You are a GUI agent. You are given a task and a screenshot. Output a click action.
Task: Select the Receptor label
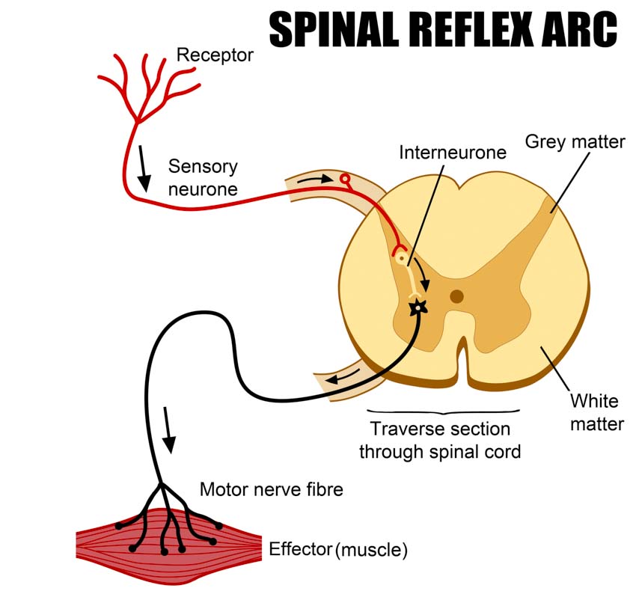tap(215, 55)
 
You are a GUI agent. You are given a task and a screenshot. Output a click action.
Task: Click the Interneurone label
tap(453, 153)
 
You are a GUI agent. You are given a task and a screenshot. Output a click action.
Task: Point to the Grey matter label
tap(575, 141)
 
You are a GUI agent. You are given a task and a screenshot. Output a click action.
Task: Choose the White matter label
tap(596, 412)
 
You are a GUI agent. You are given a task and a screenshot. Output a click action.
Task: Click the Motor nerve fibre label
tap(271, 490)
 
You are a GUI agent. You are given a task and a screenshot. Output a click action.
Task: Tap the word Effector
tap(299, 550)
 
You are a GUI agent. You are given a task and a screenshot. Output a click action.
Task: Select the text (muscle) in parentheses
tap(372, 551)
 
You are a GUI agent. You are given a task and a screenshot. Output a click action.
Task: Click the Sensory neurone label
tap(203, 177)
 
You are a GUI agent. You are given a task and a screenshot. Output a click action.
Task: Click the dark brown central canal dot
tap(456, 296)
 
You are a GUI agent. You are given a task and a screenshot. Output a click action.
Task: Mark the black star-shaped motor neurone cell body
tap(418, 305)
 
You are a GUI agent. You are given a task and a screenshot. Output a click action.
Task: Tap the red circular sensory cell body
tap(345, 179)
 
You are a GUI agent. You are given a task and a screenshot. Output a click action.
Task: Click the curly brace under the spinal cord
tap(443, 411)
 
